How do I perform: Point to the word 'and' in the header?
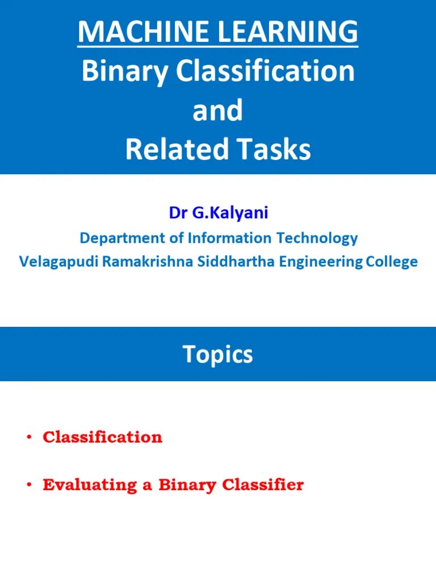217,110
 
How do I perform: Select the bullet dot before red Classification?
28,437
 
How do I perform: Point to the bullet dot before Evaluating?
28,486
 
